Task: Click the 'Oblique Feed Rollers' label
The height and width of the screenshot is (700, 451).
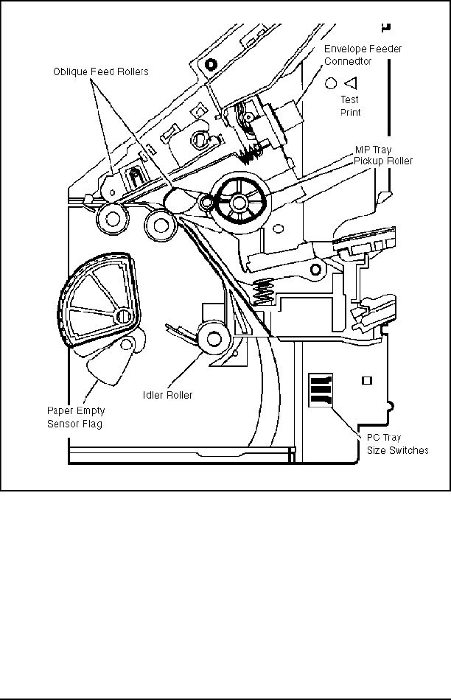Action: (101, 72)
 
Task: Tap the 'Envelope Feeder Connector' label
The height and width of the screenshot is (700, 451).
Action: (363, 55)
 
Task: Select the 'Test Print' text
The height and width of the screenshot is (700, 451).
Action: (350, 106)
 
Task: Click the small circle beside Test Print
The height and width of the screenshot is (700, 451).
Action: (330, 83)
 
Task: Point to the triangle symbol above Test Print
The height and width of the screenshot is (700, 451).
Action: (351, 83)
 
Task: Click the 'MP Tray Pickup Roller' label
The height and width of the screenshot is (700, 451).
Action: (383, 155)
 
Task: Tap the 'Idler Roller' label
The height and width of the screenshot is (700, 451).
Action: (167, 395)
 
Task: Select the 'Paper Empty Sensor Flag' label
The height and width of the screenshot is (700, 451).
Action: (76, 417)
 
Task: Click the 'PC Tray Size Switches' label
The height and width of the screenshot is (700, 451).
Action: (397, 444)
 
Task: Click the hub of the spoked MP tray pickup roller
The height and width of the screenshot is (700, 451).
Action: (239, 203)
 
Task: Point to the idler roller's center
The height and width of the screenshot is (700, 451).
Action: (214, 338)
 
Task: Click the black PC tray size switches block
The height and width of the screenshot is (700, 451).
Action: (321, 391)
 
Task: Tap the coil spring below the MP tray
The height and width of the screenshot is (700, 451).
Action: (264, 292)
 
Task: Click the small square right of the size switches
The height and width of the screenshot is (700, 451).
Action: (367, 381)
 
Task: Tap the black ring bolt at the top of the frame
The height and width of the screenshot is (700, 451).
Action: (211, 64)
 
